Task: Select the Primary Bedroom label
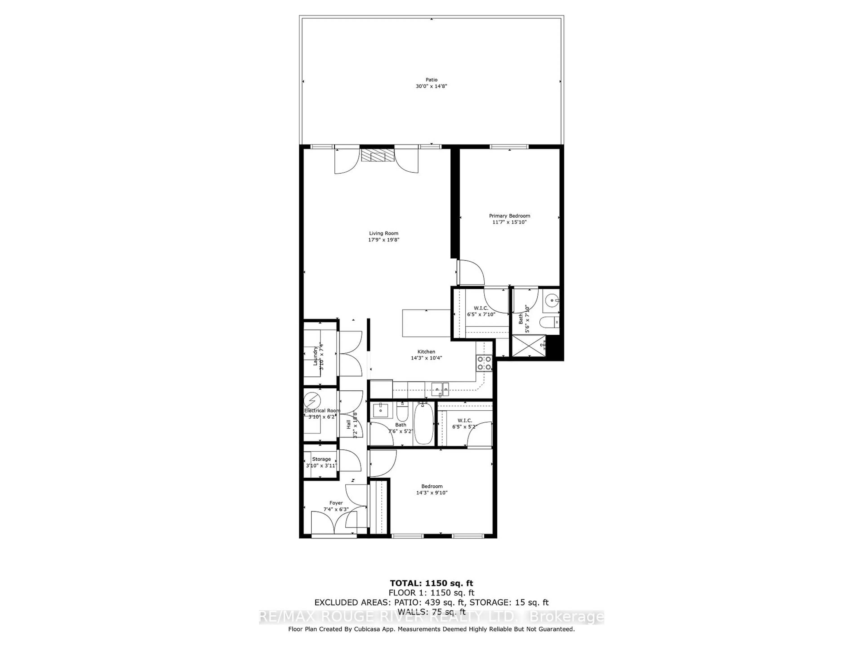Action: coord(509,216)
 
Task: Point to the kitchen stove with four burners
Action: coord(484,363)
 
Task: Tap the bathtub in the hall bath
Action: coord(423,423)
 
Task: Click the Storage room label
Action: coord(321,459)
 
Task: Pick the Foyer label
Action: coord(336,503)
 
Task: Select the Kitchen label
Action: coord(426,351)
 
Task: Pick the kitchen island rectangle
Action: coord(426,323)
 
